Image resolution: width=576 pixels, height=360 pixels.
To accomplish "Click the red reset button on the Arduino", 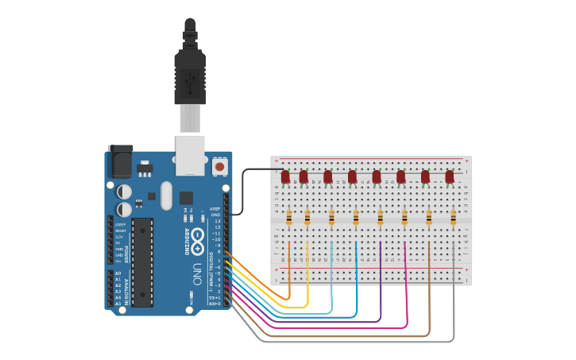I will coord(219,167).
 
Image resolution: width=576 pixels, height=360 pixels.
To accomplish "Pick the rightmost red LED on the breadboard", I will coord(450,176).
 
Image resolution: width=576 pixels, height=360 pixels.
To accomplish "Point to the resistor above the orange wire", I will coord(289,217).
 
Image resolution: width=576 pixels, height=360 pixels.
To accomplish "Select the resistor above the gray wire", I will coord(454,217).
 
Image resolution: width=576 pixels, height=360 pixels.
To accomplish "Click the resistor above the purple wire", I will coord(381,217).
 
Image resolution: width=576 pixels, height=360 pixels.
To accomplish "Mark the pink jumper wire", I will coord(406,294).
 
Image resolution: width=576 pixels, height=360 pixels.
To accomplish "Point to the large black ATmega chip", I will coord(142,261).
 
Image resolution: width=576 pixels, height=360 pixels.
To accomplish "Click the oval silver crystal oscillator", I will coord(165,195).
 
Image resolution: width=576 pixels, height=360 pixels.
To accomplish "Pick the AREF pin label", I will coord(215,209).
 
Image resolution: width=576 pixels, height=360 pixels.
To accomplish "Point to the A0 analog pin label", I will coord(118,273).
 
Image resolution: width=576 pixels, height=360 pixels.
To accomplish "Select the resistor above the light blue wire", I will coord(331,217).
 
